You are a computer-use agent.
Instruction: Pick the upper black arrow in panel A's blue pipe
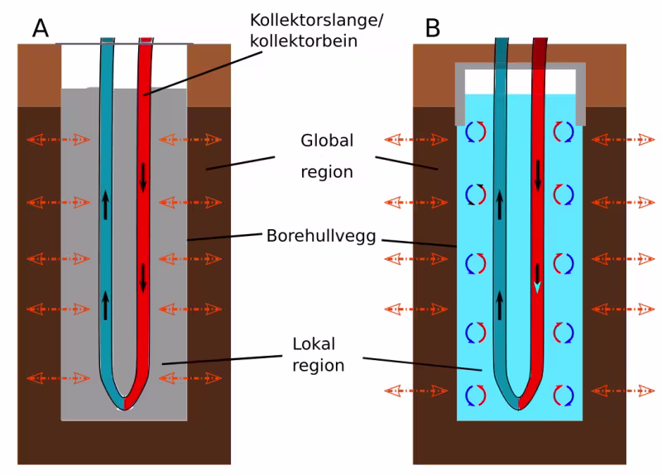pos(106,204)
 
